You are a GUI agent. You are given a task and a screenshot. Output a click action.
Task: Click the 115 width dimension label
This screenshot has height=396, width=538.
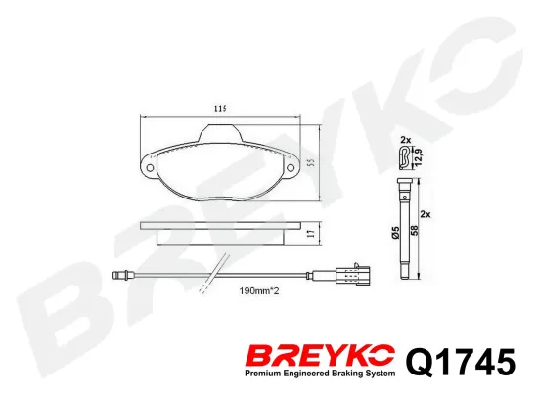coord(220,110)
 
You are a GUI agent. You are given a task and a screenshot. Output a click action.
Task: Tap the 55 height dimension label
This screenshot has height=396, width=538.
coord(311,163)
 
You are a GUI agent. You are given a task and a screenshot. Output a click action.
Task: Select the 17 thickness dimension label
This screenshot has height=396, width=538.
coord(311,234)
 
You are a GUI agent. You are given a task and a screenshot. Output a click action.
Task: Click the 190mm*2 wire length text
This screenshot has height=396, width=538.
coord(259,291)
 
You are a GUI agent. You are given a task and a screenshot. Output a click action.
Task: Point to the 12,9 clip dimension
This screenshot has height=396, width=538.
coord(419,157)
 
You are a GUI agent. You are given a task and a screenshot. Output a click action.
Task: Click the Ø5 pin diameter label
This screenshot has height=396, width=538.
coord(396,232)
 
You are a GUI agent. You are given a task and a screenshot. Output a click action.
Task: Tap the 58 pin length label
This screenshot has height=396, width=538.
coord(414,230)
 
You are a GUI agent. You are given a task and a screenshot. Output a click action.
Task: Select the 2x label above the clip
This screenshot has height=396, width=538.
coord(406,140)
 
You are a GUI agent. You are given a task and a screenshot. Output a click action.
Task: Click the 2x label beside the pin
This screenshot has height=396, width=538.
coord(426,215)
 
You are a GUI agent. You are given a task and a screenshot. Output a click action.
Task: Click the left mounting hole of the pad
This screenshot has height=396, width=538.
coord(150,167)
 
